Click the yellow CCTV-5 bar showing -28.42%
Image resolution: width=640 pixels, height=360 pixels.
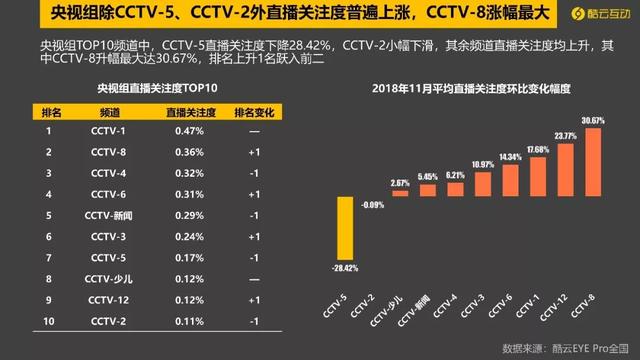pyautogui.click(x=346, y=227)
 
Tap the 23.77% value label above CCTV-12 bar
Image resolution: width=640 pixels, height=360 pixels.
pyautogui.click(x=564, y=135)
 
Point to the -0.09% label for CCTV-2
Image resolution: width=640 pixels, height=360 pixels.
pyautogui.click(x=373, y=204)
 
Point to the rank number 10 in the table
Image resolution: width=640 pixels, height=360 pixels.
pyautogui.click(x=48, y=319)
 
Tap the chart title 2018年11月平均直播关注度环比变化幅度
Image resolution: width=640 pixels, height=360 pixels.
pyautogui.click(x=469, y=88)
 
